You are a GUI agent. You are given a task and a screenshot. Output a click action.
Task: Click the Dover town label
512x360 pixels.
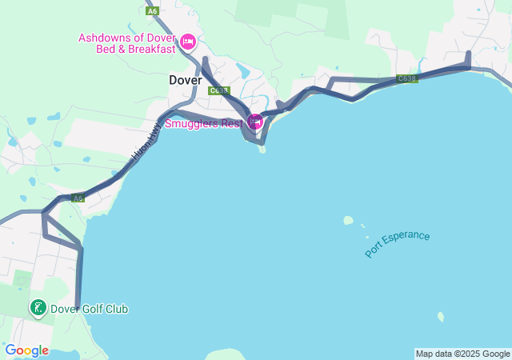coord(185,80)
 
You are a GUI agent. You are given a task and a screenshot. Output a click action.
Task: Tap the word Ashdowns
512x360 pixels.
coord(103,38)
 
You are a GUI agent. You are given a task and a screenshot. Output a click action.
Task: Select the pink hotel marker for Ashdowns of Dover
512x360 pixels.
coord(188,42)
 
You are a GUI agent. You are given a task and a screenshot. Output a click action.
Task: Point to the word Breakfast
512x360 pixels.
coord(148,49)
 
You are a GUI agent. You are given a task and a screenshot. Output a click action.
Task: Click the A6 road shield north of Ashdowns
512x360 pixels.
coord(152,10)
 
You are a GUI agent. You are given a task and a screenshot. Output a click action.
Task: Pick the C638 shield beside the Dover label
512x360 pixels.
coord(218,90)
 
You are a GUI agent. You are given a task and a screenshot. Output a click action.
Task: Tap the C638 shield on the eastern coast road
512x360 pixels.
coord(406,78)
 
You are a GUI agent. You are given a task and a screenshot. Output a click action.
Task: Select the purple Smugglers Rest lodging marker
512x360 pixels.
coord(255,122)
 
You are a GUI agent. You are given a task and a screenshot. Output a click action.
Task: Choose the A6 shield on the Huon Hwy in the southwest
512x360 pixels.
coord(77,198)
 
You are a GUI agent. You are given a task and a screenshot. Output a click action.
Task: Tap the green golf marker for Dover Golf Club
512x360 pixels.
coord(38,308)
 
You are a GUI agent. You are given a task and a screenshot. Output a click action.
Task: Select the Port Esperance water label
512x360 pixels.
coord(398,244)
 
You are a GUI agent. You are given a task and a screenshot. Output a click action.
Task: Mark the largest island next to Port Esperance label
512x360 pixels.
coord(348,220)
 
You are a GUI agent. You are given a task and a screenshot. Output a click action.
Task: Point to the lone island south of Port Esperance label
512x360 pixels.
coord(441,317)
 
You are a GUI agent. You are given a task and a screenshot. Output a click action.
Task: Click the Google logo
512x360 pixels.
coord(26,350)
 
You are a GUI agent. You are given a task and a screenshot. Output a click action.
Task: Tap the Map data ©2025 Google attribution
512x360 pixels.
coord(462,354)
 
